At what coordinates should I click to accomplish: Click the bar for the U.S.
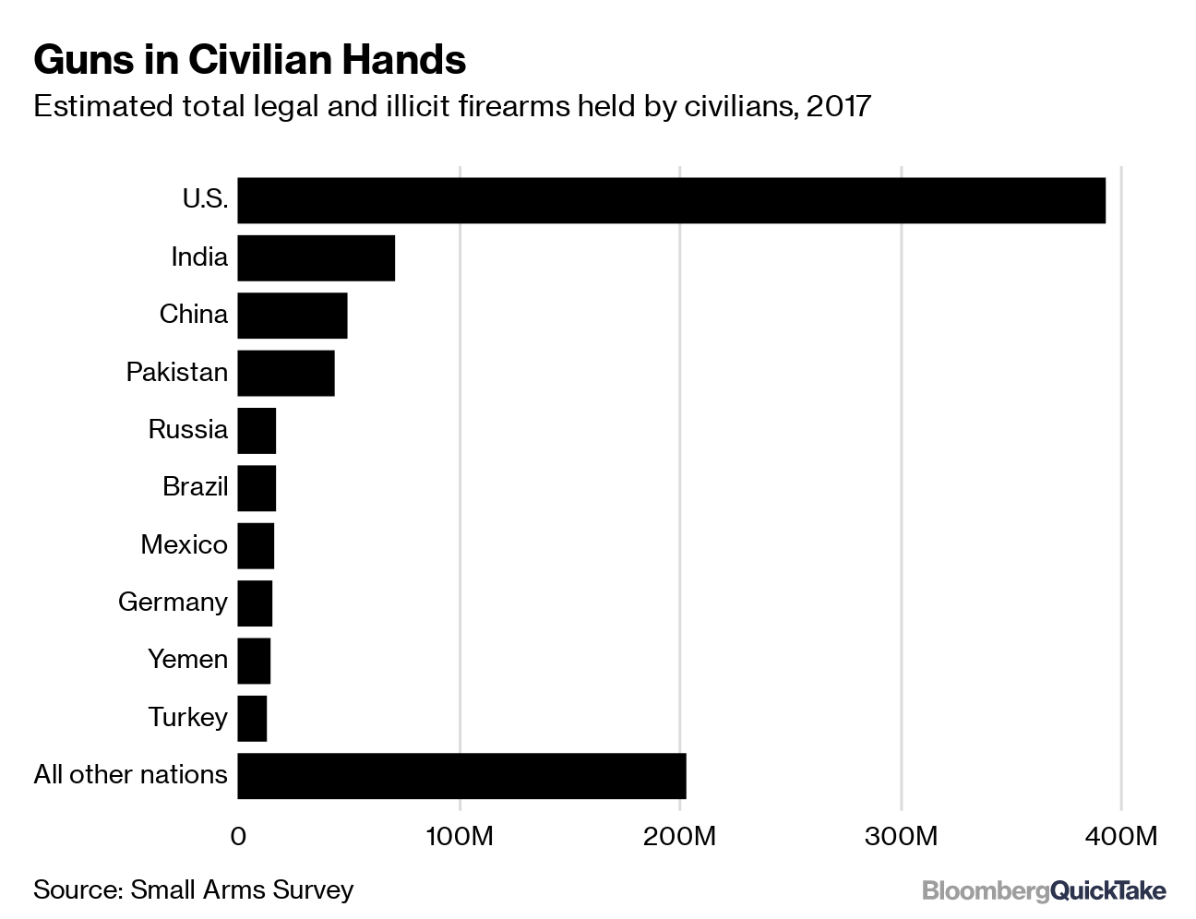tap(671, 200)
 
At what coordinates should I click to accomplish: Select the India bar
tap(316, 257)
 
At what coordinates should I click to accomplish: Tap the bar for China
tap(292, 316)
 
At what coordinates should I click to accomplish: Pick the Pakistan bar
tap(286, 373)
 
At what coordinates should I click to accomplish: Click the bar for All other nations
tap(461, 775)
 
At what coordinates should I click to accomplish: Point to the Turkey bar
tap(252, 718)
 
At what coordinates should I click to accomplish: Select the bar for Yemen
tap(254, 661)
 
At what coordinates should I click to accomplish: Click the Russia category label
tap(187, 429)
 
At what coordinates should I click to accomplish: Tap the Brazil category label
tap(195, 486)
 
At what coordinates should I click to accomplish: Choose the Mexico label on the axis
tap(184, 544)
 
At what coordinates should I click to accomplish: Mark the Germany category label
tap(173, 602)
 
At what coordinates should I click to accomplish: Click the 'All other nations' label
tap(130, 774)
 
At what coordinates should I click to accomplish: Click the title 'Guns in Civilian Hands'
tap(249, 60)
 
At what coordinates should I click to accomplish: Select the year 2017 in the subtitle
tap(838, 106)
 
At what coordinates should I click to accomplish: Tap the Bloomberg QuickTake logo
tap(1044, 890)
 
